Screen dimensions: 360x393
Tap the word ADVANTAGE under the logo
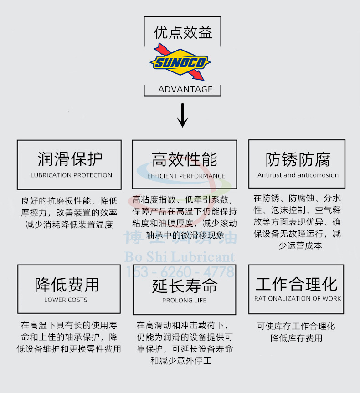pos(185,89)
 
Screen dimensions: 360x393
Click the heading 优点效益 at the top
pos(183,32)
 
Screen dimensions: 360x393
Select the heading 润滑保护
pos(70,159)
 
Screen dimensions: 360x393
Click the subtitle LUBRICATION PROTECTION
pos(71,175)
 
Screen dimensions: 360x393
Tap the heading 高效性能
pos(185,159)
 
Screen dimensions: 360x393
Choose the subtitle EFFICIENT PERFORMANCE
pos(186,176)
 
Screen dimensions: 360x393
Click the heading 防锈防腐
pos(298,159)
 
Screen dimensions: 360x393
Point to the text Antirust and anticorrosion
pos(298,175)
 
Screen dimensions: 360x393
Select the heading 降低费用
pos(67,285)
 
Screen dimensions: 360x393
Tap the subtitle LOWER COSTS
pos(66,300)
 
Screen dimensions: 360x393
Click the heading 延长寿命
pos(185,286)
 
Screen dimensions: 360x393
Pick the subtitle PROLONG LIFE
pos(184,300)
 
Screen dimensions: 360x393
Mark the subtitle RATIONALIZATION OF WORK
pos(298,298)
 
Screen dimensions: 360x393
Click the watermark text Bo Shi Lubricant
pos(180,257)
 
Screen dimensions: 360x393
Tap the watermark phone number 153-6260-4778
pos(180,272)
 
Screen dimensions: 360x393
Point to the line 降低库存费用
pos(296,338)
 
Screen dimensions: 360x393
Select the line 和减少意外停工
pos(181,361)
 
